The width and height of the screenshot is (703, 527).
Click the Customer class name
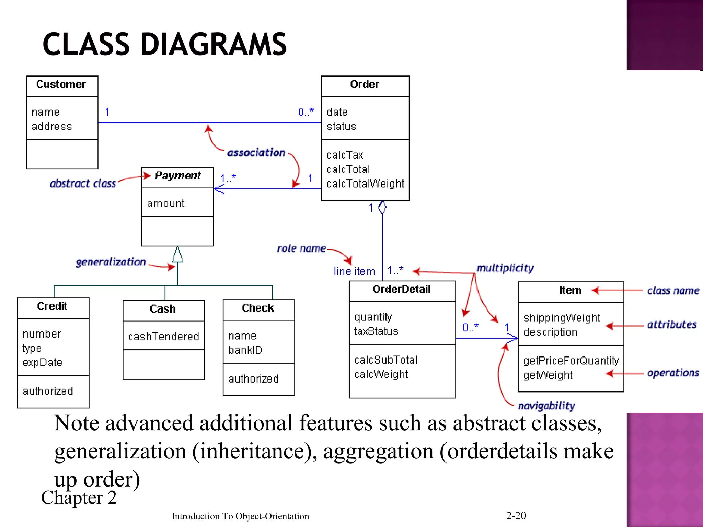(61, 84)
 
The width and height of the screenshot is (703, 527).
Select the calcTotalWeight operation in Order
(365, 184)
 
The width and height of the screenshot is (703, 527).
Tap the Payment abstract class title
(177, 176)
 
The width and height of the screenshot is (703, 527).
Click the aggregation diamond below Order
(382, 208)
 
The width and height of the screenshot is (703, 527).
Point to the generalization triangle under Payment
(177, 255)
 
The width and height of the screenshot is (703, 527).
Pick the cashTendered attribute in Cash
(163, 337)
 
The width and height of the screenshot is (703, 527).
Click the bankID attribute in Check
(245, 350)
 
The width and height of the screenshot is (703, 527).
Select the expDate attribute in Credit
(42, 363)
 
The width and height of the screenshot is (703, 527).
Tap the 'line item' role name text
(354, 271)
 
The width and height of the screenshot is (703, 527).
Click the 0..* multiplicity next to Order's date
(306, 112)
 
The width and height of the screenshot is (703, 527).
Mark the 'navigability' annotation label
(546, 406)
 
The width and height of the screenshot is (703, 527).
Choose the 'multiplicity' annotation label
(505, 268)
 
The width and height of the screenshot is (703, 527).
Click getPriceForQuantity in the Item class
(571, 361)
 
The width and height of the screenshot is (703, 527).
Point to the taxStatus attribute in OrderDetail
(376, 331)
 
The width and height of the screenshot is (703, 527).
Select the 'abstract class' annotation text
(83, 184)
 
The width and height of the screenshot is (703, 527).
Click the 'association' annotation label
(256, 153)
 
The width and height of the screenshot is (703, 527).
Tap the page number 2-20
(516, 515)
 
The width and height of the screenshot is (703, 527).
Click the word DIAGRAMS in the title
(213, 44)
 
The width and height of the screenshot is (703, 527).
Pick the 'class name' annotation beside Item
(673, 291)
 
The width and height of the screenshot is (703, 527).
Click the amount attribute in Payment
(165, 203)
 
